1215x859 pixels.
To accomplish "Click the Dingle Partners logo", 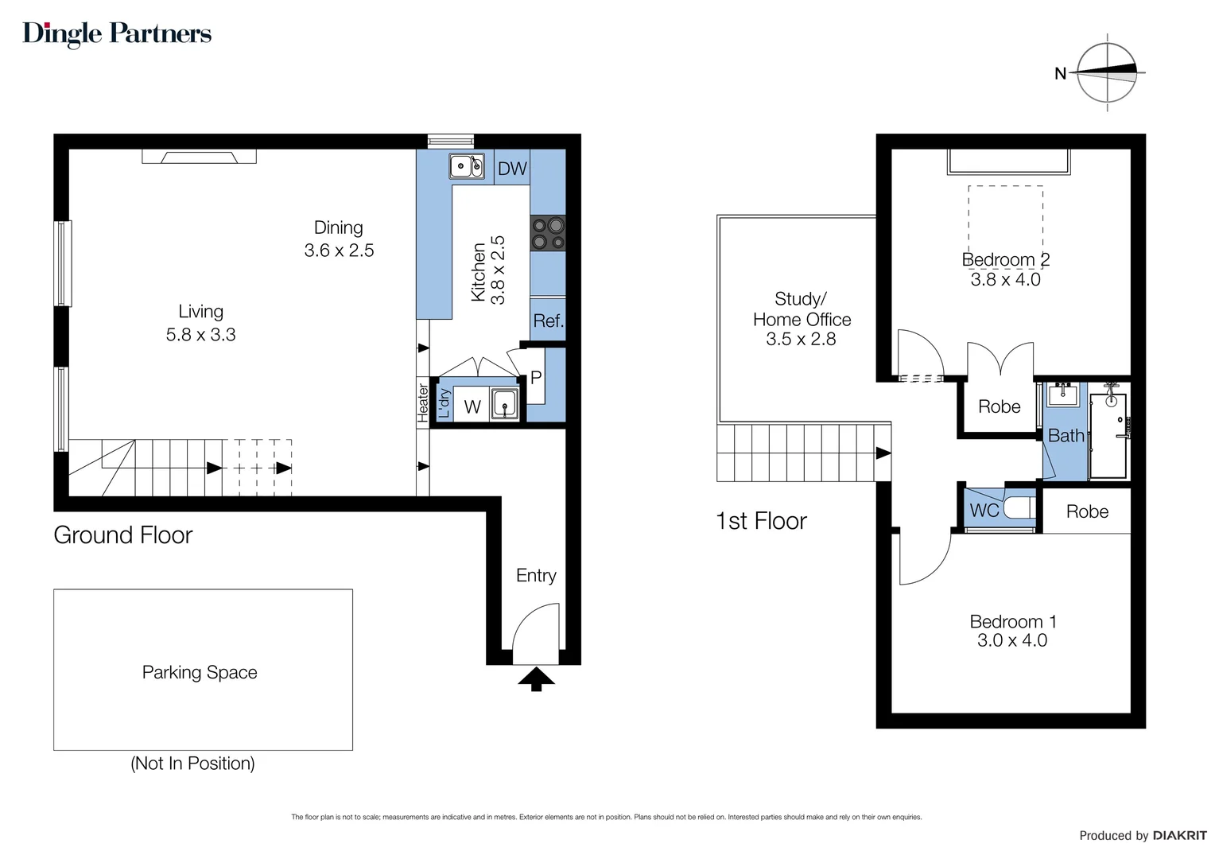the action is tap(117, 35).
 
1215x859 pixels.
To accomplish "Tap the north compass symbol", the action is tap(1106, 72).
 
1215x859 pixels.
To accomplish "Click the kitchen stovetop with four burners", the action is tap(548, 233).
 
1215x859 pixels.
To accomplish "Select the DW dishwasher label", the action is tap(512, 168).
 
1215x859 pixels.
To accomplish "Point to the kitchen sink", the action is tap(467, 165).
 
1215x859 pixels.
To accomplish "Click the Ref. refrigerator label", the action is tap(549, 321).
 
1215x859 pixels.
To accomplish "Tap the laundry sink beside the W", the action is tap(504, 404).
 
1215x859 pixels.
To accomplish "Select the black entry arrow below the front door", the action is tap(536, 679).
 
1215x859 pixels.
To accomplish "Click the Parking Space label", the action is tap(200, 672).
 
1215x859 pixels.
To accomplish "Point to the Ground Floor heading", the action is tap(122, 535).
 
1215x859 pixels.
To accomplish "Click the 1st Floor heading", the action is tap(761, 521).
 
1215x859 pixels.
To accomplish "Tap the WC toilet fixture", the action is tap(1019, 508).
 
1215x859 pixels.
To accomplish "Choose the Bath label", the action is tap(1066, 435).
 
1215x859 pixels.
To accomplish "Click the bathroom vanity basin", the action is tap(1062, 395).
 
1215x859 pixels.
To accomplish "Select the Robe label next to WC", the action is tap(1087, 511).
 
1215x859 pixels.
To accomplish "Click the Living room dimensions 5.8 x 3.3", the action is tap(200, 334).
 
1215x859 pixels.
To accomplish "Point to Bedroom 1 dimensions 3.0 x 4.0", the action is tap(1012, 640).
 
